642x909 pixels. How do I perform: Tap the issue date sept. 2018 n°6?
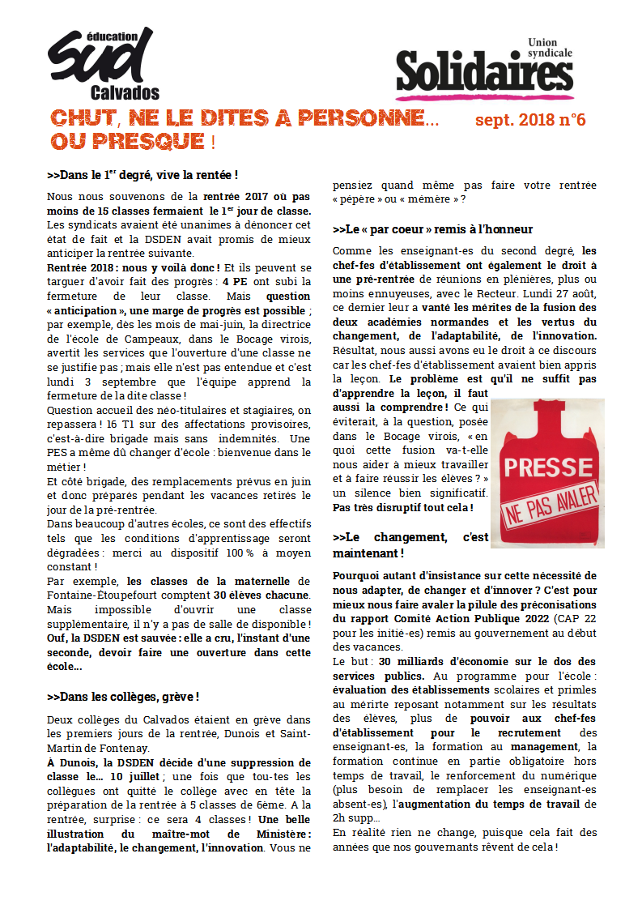530,121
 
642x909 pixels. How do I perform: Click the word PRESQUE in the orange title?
138,142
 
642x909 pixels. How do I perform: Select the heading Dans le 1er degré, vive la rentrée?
142,175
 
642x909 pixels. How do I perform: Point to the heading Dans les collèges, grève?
123,697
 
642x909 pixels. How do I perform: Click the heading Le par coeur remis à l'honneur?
432,229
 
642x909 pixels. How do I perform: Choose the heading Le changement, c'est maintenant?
410,544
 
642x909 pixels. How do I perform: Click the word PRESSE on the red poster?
547,467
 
